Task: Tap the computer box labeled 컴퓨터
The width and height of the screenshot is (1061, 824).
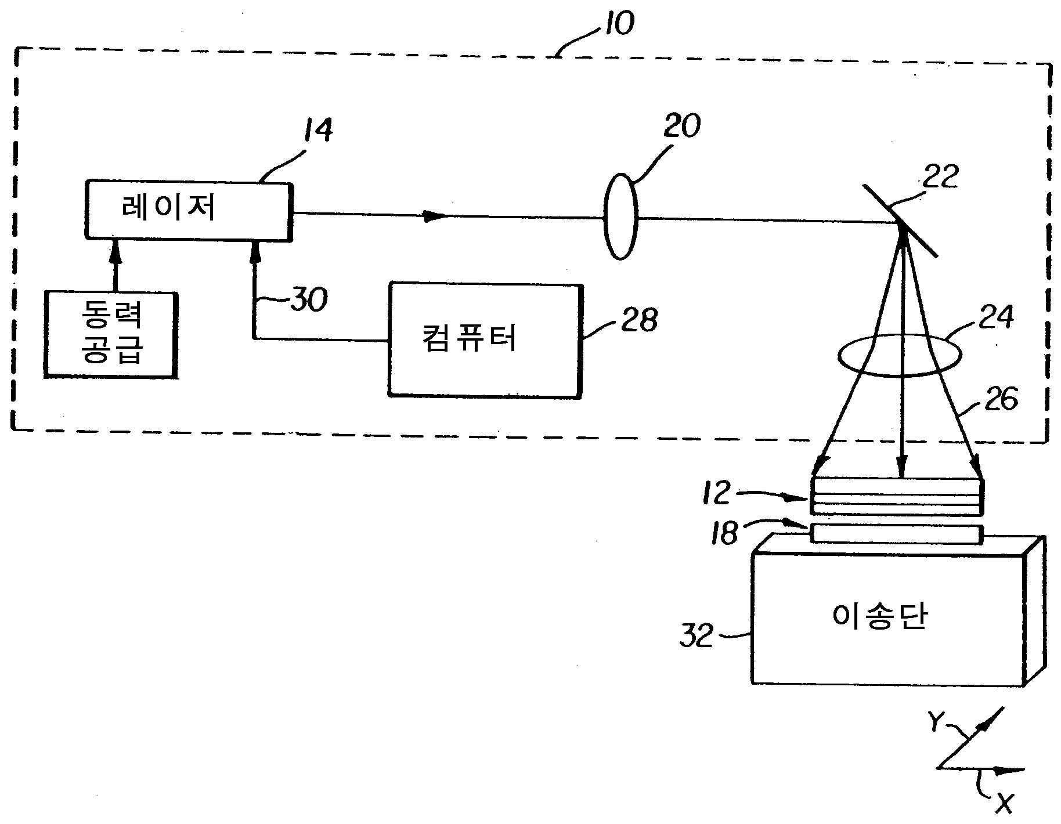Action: [484, 341]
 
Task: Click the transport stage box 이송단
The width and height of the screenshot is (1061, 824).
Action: [888, 617]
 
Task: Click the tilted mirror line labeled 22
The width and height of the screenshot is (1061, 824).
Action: [899, 221]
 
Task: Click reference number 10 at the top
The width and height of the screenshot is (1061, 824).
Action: [616, 23]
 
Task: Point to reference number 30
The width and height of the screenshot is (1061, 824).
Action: [309, 300]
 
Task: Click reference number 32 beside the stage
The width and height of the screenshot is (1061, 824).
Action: [696, 637]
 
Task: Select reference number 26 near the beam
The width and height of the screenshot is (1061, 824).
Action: [1001, 399]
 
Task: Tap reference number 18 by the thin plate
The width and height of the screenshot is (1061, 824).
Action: [726, 533]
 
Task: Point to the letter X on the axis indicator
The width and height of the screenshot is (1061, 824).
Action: [1005, 804]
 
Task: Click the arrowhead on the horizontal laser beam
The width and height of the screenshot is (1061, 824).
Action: [435, 216]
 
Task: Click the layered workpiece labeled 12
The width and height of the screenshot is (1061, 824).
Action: [897, 496]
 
